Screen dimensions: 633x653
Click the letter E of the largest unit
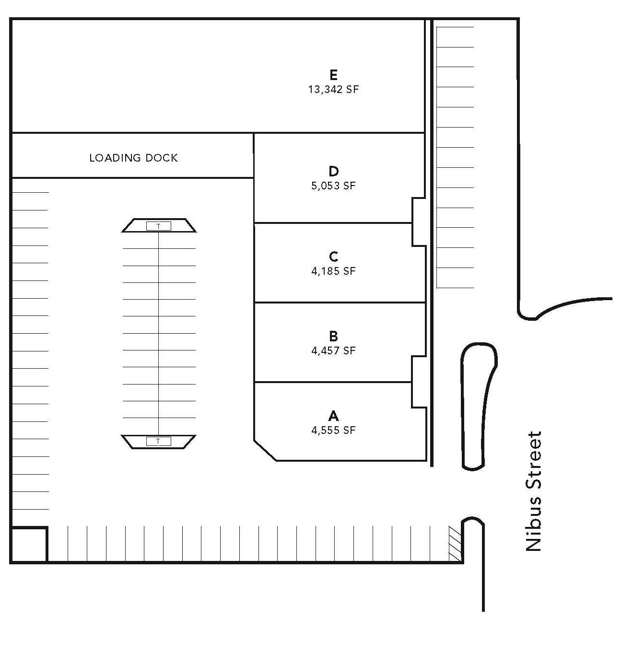coord(333,74)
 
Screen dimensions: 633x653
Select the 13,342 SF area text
coord(333,89)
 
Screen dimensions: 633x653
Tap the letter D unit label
coord(333,171)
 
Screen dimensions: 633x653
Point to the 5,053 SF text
coord(333,186)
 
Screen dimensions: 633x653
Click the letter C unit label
coord(333,257)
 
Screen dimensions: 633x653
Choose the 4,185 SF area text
coord(333,271)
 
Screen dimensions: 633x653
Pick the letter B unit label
coord(333,336)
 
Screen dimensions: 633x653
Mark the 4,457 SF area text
coord(333,350)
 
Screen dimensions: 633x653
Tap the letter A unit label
coord(333,416)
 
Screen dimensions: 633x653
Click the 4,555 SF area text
coord(333,430)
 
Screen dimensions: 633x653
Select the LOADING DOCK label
coord(133,158)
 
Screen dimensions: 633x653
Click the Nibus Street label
coord(533,491)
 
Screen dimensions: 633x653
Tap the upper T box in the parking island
coord(158,226)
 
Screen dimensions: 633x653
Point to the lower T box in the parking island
coord(158,441)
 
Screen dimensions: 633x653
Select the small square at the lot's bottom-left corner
coord(29,544)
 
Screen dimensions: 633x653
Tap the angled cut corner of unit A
coord(265,450)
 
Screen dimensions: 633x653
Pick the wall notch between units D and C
coord(419,222)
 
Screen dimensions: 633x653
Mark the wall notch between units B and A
coord(419,382)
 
